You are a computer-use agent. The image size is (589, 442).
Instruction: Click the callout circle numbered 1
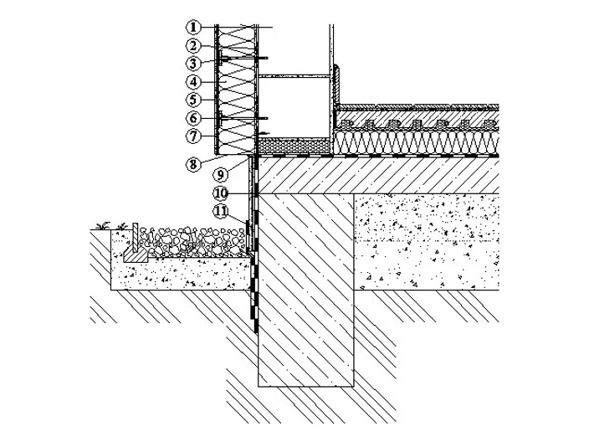(193, 27)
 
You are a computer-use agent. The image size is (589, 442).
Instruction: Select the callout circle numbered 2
(193, 45)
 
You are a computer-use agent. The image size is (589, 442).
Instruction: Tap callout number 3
(193, 63)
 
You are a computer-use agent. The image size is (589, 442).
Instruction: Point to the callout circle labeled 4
(193, 81)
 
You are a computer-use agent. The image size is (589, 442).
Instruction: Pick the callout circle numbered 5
(193, 100)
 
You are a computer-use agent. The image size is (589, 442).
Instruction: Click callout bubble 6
(193, 118)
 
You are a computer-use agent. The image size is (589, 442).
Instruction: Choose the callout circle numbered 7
(193, 136)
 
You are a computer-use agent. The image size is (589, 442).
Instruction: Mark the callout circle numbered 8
(193, 164)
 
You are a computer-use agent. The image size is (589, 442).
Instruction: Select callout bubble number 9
(221, 174)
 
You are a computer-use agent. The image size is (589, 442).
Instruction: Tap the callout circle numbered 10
(221, 193)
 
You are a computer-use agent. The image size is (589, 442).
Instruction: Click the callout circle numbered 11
(221, 211)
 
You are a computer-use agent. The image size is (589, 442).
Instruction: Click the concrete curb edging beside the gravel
(136, 248)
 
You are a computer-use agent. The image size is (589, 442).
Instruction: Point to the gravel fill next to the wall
(193, 241)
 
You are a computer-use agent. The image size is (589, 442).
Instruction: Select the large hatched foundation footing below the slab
(306, 290)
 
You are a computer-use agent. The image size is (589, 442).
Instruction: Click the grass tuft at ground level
(103, 226)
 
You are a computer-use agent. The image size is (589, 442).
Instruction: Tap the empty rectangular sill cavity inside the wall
(294, 107)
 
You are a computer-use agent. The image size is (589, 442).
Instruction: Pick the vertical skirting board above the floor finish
(336, 85)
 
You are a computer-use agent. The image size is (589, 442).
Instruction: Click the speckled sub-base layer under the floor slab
(427, 242)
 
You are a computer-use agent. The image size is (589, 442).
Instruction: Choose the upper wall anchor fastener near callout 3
(243, 59)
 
